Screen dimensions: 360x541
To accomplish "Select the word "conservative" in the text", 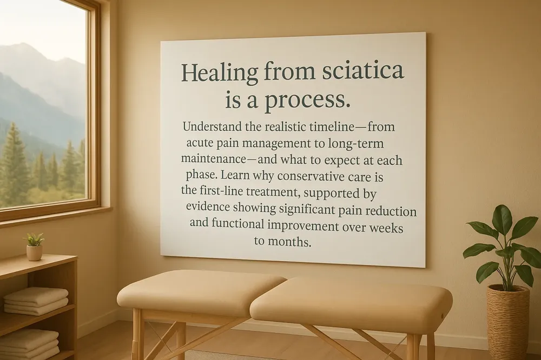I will coord(313,177).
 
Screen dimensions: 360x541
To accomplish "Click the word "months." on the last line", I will coord(291,242).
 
